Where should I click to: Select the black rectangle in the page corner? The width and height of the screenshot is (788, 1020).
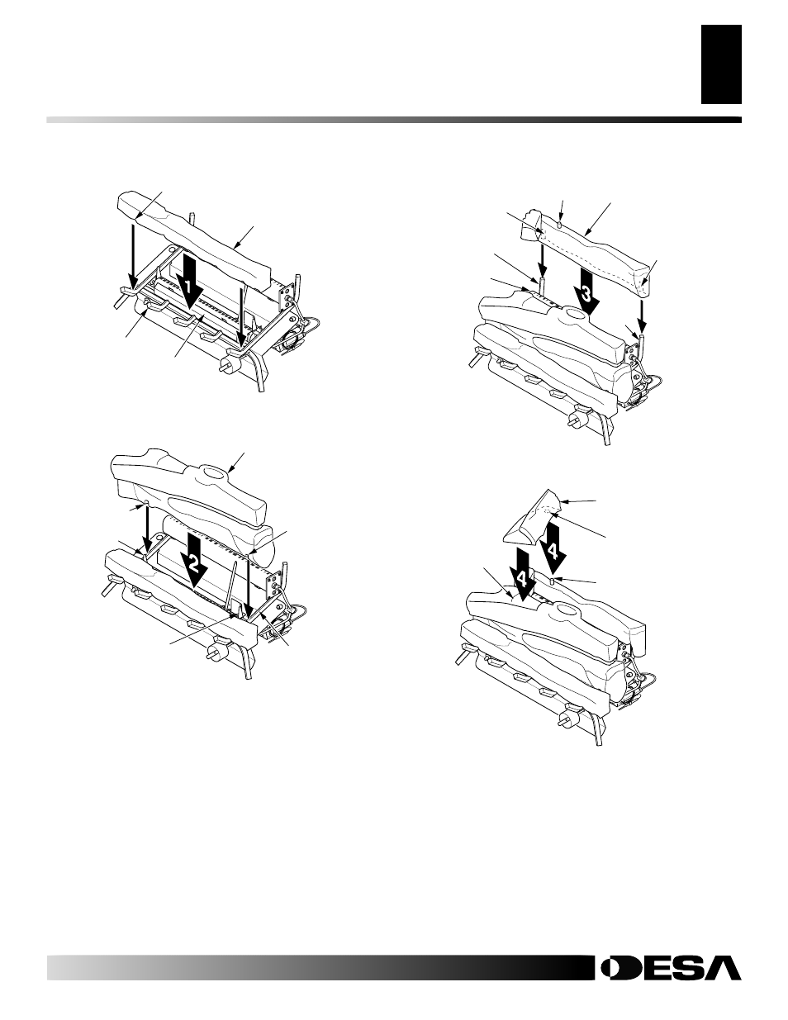(721, 64)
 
